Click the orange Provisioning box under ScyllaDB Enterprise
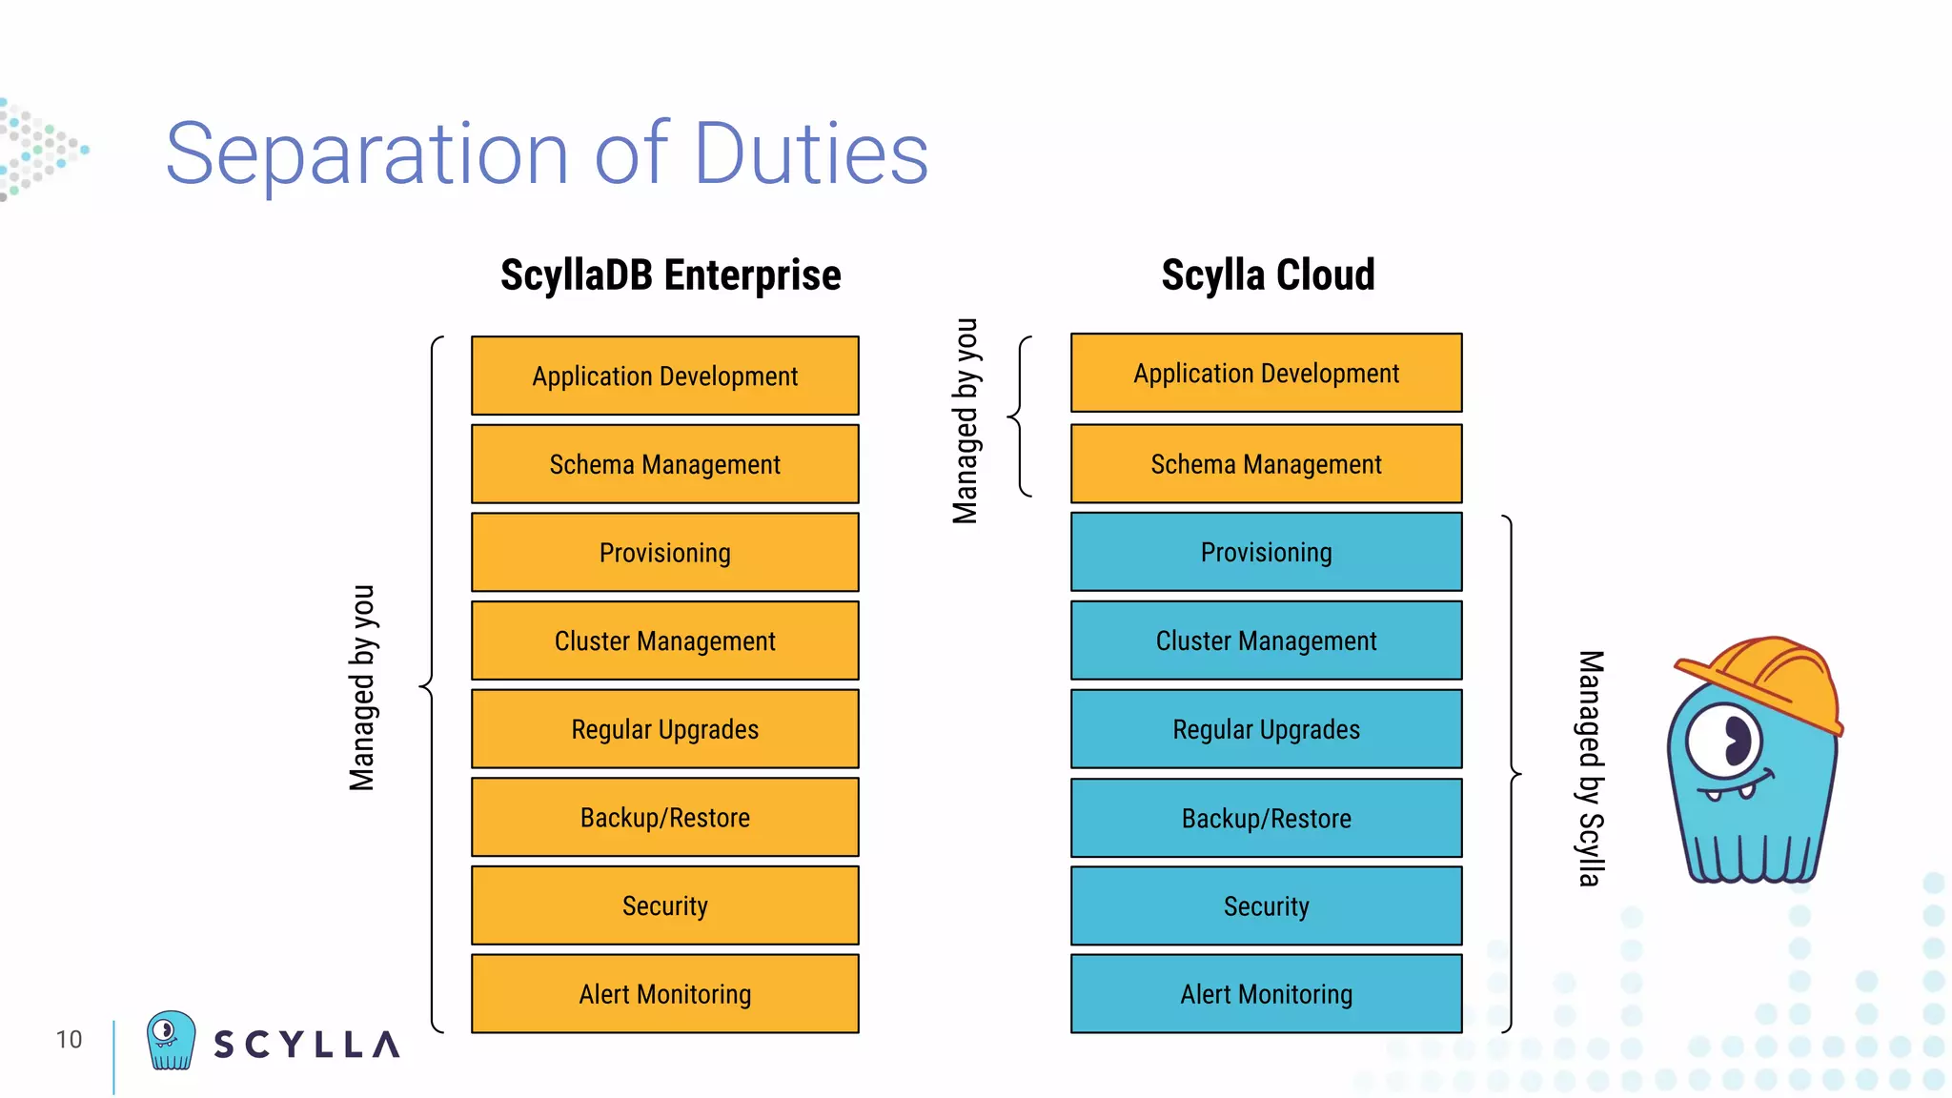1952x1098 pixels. point(664,552)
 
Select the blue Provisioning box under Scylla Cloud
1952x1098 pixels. point(1266,552)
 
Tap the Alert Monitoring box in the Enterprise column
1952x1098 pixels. point(664,993)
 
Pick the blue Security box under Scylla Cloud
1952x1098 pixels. point(1266,905)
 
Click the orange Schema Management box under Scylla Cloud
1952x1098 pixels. point(1266,464)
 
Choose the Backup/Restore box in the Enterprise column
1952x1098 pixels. point(664,817)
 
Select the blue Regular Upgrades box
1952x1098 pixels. point(1266,729)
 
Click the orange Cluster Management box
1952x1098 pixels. point(664,640)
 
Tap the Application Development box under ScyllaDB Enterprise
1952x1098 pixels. point(664,376)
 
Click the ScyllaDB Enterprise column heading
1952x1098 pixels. point(670,275)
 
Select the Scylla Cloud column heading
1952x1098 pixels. point(1268,275)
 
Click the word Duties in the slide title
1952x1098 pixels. point(810,153)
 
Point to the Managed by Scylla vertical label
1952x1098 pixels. point(1589,768)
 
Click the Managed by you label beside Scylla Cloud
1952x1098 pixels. point(966,420)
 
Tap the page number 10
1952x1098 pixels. point(69,1039)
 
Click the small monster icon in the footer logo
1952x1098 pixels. point(171,1040)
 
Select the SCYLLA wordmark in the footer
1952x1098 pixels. point(306,1045)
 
